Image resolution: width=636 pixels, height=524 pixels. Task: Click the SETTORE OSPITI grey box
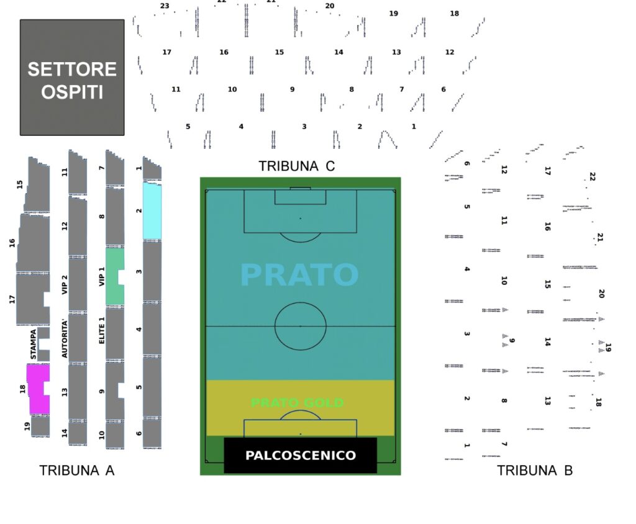coord(72,78)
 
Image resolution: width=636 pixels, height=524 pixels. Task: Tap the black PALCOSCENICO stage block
coord(300,455)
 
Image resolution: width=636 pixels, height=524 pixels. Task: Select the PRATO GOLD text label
coord(297,403)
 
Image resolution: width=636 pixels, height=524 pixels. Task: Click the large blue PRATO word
coord(299,275)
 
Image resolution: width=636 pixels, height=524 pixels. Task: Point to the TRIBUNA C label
coord(296,166)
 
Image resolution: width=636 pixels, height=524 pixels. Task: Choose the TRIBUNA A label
coord(77,471)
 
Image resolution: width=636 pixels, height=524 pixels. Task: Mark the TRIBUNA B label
coord(535,471)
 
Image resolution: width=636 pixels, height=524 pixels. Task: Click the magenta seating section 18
coord(37,389)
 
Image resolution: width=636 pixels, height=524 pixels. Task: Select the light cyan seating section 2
coord(152,211)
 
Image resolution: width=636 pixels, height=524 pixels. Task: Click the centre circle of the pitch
coord(301,326)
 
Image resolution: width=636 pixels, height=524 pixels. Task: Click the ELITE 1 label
coord(102,330)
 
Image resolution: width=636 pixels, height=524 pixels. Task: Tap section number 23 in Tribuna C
coord(165,6)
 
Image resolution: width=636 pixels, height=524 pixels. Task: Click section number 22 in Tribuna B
coord(592,177)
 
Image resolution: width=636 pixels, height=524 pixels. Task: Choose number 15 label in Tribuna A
coord(20,184)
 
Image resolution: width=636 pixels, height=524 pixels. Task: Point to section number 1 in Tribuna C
coord(414,127)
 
